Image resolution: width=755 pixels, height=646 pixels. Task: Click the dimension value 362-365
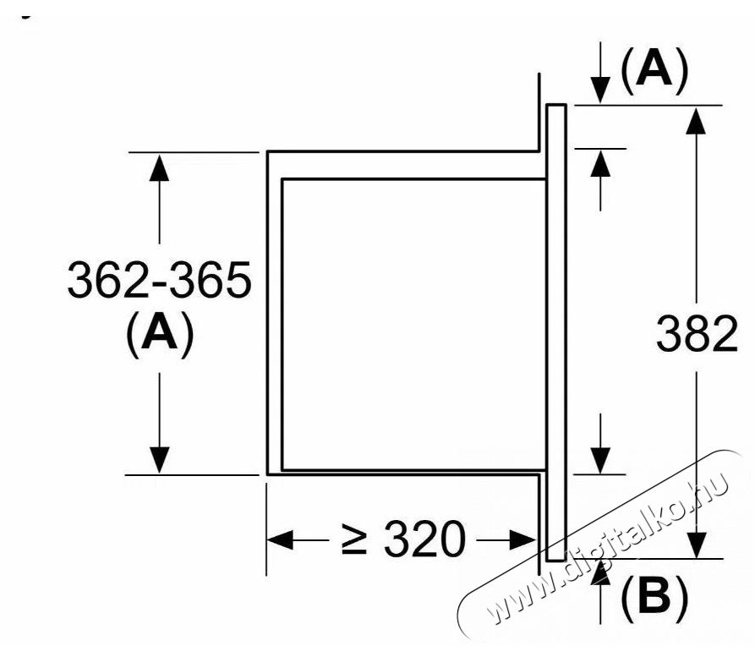coord(159,282)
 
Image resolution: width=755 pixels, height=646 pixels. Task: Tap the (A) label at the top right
coord(654,71)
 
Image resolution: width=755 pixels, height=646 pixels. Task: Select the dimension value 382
coord(697,336)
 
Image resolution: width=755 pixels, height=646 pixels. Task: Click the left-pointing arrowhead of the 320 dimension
coord(280,539)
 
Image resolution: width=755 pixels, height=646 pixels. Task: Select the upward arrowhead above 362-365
coord(159,167)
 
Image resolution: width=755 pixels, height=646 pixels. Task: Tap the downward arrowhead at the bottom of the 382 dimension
coord(696,544)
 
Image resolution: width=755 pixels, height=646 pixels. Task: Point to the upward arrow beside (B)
coord(600,574)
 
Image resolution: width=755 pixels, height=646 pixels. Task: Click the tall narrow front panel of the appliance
coord(556,332)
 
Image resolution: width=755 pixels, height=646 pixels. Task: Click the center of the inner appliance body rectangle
coord(413,324)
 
